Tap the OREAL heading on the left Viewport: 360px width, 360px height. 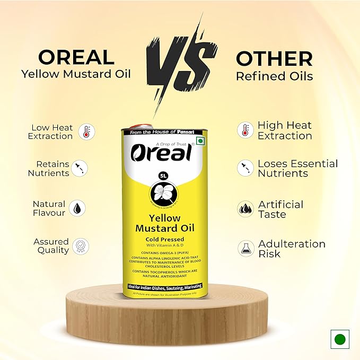tap(68, 57)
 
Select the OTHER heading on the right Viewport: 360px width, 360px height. tap(274, 58)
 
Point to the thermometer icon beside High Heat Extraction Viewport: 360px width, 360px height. tap(244, 130)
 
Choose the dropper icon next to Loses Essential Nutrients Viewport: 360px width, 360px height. tap(244, 168)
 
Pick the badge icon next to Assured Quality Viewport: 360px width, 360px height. tap(81, 245)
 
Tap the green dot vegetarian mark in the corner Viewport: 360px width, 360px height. tap(339, 339)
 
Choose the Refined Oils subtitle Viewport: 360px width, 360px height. tap(274, 76)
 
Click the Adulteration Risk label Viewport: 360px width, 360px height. tap(292, 249)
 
